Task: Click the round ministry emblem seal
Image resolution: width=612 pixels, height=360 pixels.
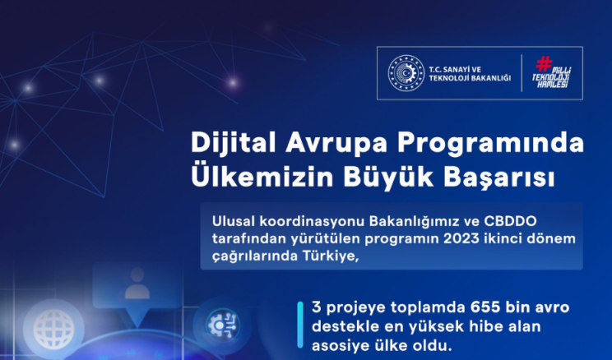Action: pyautogui.click(x=406, y=73)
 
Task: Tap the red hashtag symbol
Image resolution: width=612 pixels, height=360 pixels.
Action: pyautogui.click(x=544, y=63)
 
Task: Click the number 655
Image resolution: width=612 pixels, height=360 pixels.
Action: pyautogui.click(x=485, y=307)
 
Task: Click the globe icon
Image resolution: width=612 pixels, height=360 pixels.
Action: pyautogui.click(x=53, y=330)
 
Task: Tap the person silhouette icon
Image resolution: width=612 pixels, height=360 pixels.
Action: pyautogui.click(x=137, y=284)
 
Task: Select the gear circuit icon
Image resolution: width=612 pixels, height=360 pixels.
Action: pyautogui.click(x=222, y=325)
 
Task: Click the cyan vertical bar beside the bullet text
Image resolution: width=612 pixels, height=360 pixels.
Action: pyautogui.click(x=299, y=325)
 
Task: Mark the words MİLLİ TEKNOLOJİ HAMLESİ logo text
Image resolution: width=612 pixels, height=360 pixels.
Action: pyautogui.click(x=551, y=76)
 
